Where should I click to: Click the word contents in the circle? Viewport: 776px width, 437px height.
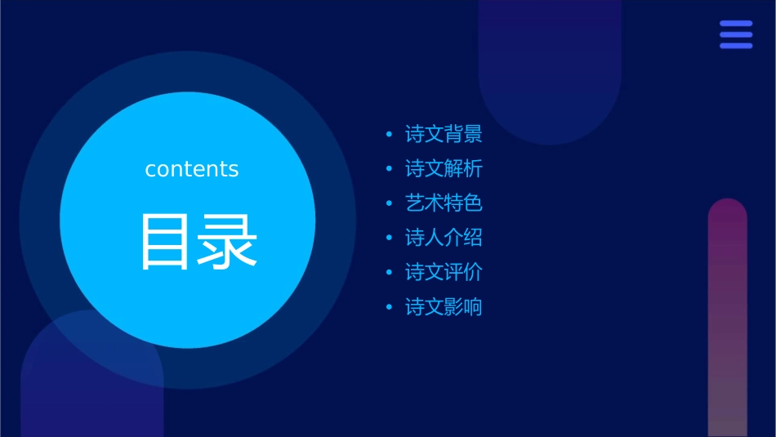click(192, 169)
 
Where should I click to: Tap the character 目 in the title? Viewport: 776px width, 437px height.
click(163, 242)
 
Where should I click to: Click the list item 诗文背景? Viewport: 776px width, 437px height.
click(444, 134)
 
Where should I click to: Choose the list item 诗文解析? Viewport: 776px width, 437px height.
click(444, 169)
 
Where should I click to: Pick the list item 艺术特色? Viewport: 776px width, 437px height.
click(444, 203)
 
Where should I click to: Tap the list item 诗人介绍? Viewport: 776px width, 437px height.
click(444, 238)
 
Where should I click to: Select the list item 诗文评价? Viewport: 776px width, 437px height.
click(444, 272)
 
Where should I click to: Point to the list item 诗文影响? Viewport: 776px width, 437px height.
click(444, 307)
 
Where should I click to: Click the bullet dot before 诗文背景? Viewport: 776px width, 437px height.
click(390, 134)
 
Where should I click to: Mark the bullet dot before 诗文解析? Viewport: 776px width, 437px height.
click(390, 169)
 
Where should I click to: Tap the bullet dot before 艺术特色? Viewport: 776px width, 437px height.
click(390, 203)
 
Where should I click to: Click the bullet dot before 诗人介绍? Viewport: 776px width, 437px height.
click(390, 238)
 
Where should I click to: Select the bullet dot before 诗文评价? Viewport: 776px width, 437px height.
click(390, 272)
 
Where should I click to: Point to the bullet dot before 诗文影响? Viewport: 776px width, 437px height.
click(390, 307)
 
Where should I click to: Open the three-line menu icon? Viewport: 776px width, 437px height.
click(736, 35)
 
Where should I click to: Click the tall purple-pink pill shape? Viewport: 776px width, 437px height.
click(727, 319)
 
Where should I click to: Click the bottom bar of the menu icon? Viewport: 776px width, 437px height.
click(736, 46)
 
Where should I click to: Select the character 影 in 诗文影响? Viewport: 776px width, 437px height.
click(453, 307)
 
